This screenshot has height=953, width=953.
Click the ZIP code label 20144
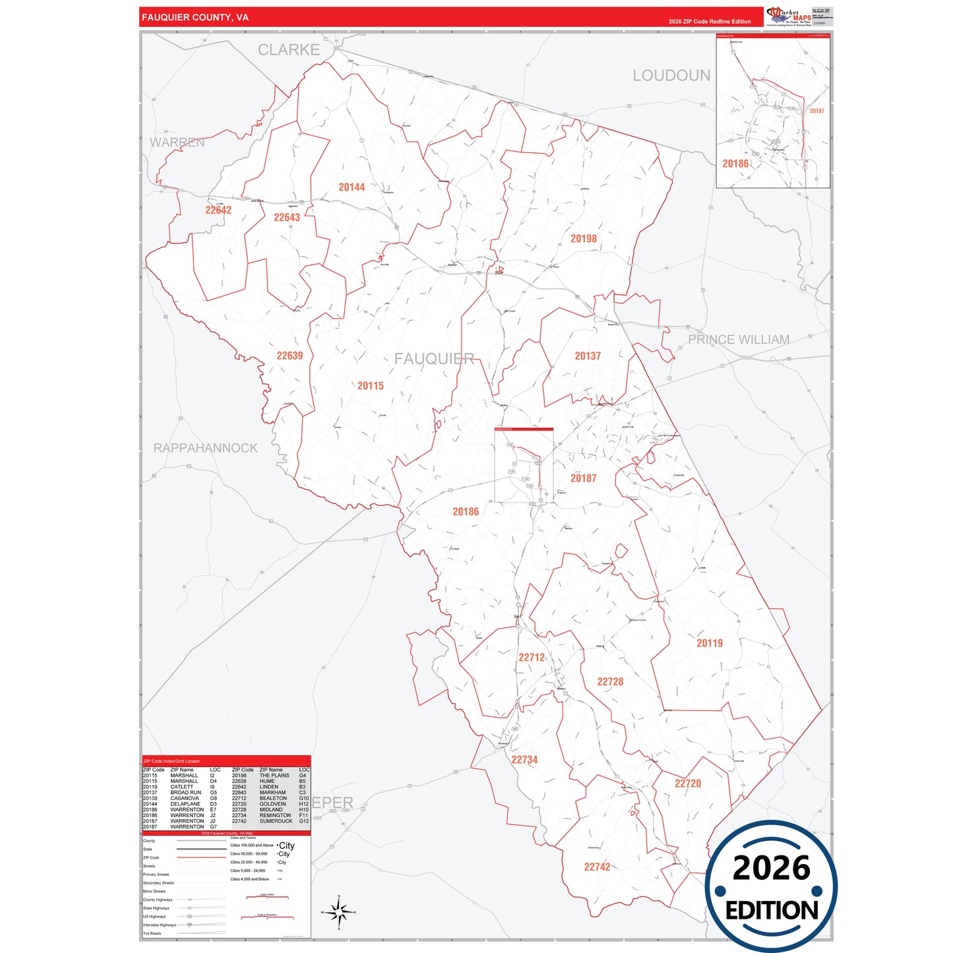coord(352,187)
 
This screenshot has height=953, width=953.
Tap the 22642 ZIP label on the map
coord(218,210)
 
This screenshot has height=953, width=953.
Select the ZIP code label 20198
coord(584,239)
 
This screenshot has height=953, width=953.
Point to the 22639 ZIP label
coord(290,356)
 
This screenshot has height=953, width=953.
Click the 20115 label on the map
coord(371,386)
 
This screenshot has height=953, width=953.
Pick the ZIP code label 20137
coord(588,356)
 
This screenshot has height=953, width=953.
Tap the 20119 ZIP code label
coord(710,643)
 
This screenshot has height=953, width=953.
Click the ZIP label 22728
coord(610,682)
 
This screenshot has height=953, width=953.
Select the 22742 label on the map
coord(597,867)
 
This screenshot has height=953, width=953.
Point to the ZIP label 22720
coord(688,784)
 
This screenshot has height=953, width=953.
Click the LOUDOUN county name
coord(671,76)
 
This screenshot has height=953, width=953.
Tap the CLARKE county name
coord(288,50)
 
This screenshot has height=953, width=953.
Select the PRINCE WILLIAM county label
coord(739,340)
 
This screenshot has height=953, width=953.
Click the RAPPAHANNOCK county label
coord(206,448)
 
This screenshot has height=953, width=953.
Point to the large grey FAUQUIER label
coord(434,359)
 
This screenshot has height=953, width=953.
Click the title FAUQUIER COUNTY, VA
coord(195,17)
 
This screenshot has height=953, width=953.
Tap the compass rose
coord(339,913)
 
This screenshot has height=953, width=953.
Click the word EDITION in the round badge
coord(772,911)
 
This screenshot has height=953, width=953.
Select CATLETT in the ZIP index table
coord(182,787)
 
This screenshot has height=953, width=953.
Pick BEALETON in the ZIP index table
coord(273,798)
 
